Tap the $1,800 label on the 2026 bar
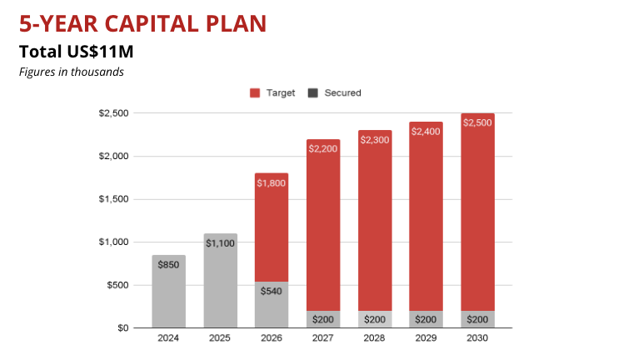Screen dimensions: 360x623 click(x=272, y=183)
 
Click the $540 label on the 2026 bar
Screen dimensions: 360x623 click(x=272, y=291)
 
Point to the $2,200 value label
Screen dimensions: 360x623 click(x=323, y=149)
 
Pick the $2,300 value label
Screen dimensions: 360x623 click(x=375, y=140)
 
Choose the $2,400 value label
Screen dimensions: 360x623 click(x=426, y=132)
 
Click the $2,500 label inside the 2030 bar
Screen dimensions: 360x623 click(x=478, y=123)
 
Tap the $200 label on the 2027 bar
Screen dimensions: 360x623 click(x=323, y=320)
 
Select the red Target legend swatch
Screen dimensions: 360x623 click(x=256, y=93)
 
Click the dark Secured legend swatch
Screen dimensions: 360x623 click(x=313, y=93)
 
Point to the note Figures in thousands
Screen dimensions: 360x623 click(x=72, y=72)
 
